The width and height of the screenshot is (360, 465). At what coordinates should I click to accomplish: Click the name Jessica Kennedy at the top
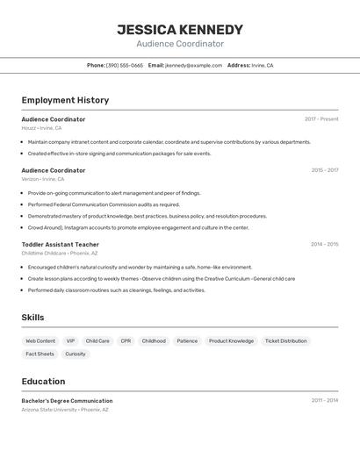[180, 30]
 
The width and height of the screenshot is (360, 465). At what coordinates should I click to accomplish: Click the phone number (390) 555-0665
[125, 65]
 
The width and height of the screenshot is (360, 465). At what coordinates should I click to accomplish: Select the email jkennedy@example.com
[193, 65]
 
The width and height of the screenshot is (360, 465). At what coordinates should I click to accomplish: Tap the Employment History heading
[65, 100]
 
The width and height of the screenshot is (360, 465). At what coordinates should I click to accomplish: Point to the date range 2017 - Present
[321, 119]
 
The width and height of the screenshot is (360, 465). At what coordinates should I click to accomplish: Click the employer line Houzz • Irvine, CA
[41, 128]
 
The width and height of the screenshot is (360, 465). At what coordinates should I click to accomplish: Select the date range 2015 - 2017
[324, 170]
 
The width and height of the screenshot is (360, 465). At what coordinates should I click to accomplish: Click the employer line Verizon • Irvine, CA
[43, 179]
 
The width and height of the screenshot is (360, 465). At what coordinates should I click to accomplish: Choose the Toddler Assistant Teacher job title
[60, 245]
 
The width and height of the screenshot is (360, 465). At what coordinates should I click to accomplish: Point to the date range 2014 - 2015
[324, 245]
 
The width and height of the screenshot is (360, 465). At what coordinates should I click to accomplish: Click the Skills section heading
[32, 318]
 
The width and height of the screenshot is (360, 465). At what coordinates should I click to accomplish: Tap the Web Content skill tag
[40, 341]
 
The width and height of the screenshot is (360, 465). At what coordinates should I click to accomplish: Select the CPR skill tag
[126, 341]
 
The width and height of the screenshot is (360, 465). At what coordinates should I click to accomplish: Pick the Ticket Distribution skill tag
[286, 341]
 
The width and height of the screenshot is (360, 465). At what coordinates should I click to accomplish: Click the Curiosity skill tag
[76, 354]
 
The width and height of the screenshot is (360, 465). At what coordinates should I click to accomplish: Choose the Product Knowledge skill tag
[231, 341]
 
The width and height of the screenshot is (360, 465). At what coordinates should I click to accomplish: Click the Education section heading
[43, 382]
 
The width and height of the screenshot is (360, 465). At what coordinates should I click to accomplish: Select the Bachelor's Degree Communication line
[67, 401]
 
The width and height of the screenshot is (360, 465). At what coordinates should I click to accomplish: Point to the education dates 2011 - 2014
[324, 401]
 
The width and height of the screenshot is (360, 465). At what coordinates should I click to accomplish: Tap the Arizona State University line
[65, 410]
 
